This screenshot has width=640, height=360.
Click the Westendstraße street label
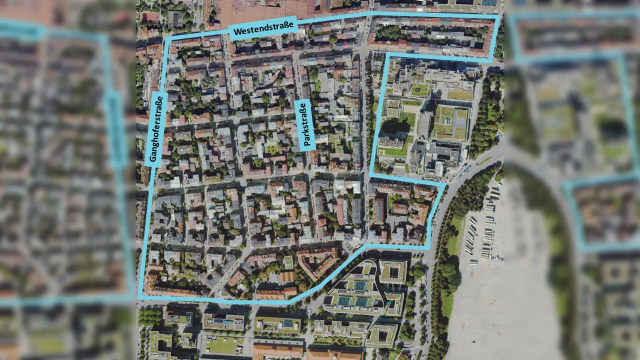click(263, 28)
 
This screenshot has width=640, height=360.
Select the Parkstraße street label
click(305, 125)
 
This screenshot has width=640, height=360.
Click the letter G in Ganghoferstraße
click(153, 158)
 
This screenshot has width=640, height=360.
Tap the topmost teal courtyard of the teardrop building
click(360, 285)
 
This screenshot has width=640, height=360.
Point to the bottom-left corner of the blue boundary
click(140, 297)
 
